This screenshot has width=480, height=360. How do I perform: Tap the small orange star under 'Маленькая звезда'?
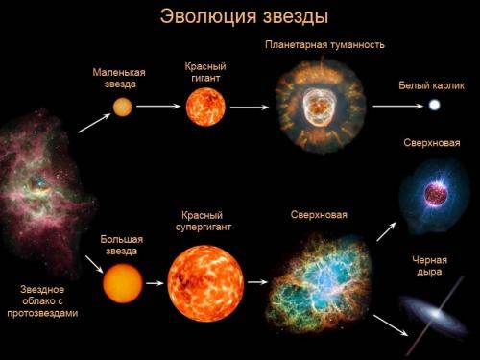tap(123, 107)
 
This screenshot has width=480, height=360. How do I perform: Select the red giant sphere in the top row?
tap(205, 106)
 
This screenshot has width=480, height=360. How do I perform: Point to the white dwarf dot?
tap(435, 105)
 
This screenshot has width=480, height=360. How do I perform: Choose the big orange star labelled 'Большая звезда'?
tap(123, 283)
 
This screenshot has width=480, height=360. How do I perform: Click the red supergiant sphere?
tap(205, 283)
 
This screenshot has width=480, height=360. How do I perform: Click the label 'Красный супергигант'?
tap(204, 222)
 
